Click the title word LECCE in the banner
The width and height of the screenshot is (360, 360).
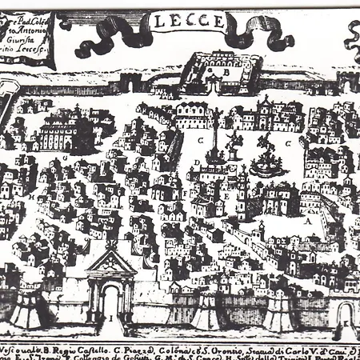pos(180,24)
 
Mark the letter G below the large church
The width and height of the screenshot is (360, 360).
pos(64,158)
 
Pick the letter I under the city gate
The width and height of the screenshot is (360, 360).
pos(110,318)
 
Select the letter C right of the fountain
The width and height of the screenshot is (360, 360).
pos(287,143)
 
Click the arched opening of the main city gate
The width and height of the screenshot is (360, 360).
pos(110,300)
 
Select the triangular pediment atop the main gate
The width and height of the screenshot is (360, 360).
pos(111,260)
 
